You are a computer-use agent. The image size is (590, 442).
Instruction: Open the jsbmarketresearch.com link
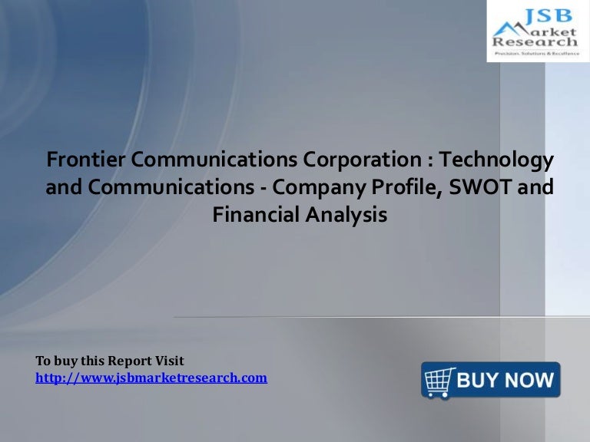click(x=151, y=378)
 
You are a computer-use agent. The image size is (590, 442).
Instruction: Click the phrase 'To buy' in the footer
click(x=54, y=361)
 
